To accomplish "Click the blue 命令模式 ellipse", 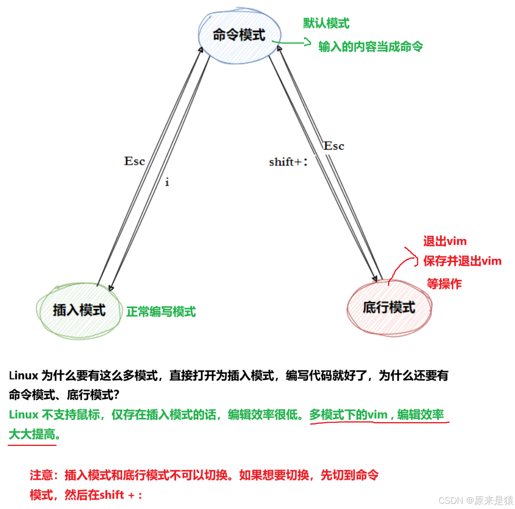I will click(x=239, y=35).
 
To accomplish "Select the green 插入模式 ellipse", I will click(x=79, y=310).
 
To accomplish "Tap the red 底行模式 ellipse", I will click(x=389, y=307).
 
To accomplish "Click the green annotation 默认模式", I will click(x=326, y=23).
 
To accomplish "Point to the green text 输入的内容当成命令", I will click(x=371, y=47).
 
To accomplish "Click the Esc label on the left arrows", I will click(x=135, y=161).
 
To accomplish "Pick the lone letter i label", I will click(x=167, y=182).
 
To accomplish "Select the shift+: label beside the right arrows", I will click(x=288, y=162).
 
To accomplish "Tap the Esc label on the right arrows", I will click(x=334, y=146).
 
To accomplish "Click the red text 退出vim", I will click(x=445, y=241).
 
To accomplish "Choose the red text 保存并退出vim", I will click(x=462, y=261).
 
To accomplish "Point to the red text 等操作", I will click(x=444, y=284).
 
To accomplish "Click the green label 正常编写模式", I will click(x=161, y=312).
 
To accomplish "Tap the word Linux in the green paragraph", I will click(x=23, y=415).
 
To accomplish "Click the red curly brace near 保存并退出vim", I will click(x=413, y=257).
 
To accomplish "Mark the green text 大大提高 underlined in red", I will click(x=33, y=435).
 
